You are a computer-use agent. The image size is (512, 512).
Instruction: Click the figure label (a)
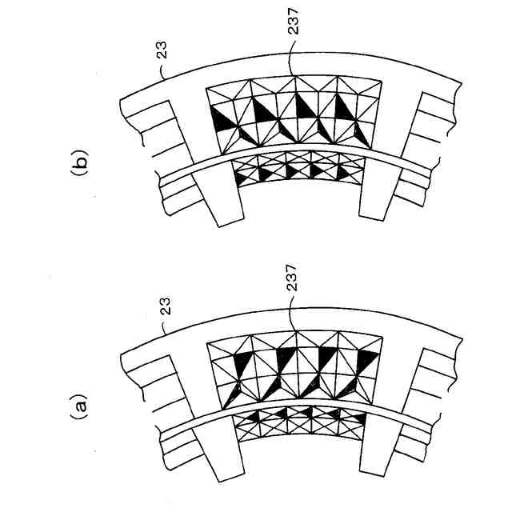[x=78, y=410]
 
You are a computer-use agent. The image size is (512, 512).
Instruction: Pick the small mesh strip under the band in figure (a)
[x=300, y=418]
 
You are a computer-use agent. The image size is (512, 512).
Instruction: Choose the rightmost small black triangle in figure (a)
[x=360, y=419]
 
